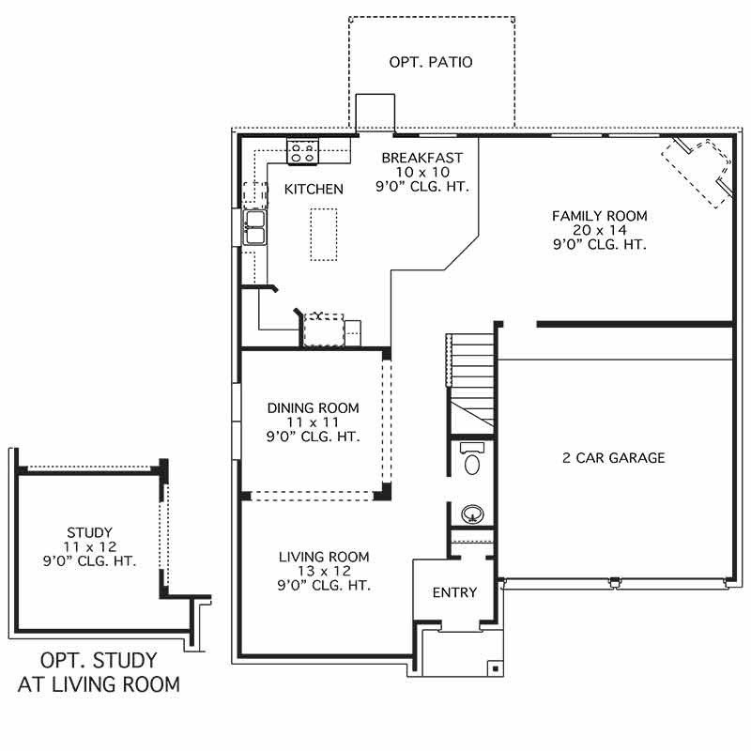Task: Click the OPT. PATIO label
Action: [431, 63]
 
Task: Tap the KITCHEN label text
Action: [314, 189]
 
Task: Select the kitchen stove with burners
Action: [304, 149]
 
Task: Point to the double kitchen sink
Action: [255, 228]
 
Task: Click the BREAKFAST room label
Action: [421, 158]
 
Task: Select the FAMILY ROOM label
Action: [599, 216]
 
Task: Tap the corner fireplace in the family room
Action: [698, 170]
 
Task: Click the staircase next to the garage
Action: [472, 375]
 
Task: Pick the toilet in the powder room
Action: [471, 459]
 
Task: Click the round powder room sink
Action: [471, 513]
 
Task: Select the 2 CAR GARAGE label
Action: [613, 458]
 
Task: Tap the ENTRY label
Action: [454, 592]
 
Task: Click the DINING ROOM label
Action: [313, 407]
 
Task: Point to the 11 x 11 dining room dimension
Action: [313, 421]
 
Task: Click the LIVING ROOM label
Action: [324, 557]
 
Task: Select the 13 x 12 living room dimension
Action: [324, 571]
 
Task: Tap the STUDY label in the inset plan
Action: [89, 533]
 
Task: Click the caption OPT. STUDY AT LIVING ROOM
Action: [99, 672]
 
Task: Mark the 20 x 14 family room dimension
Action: [599, 230]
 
